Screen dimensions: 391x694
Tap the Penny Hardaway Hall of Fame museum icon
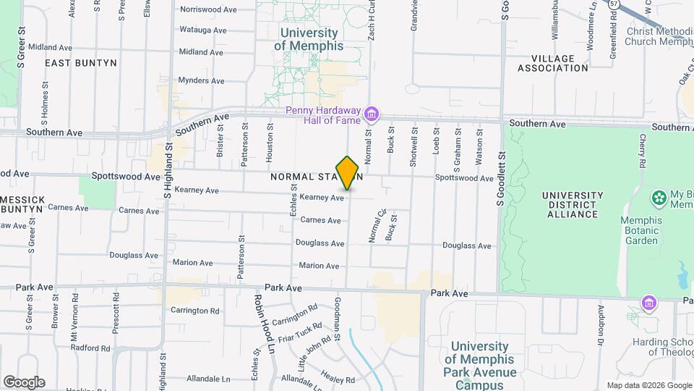(372, 114)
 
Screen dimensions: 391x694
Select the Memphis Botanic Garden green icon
(659, 198)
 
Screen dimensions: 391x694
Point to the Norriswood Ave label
(208, 10)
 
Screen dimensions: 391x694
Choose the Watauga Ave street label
(203, 31)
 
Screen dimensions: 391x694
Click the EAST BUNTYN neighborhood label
(81, 63)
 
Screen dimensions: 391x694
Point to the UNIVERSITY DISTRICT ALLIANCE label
(573, 205)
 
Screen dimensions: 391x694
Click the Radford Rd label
(90, 348)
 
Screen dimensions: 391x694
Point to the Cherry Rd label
(642, 151)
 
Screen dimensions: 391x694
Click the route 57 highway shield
(614, 4)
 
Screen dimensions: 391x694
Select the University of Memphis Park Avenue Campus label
(479, 366)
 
